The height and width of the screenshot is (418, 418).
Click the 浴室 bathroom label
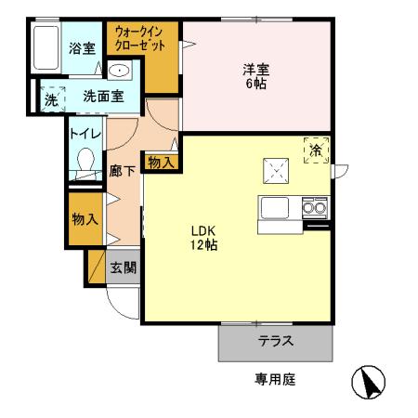pos(82,49)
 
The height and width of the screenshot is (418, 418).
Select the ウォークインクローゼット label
pos(140,38)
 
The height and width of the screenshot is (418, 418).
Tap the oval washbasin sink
pos(119,72)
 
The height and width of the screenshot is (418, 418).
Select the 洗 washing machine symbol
pos(51,96)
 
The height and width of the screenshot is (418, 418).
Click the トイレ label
pos(83,134)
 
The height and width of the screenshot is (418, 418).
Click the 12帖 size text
pos(204,246)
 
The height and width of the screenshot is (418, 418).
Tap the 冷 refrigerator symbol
pos(317,149)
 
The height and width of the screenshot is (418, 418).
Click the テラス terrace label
pos(276,341)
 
